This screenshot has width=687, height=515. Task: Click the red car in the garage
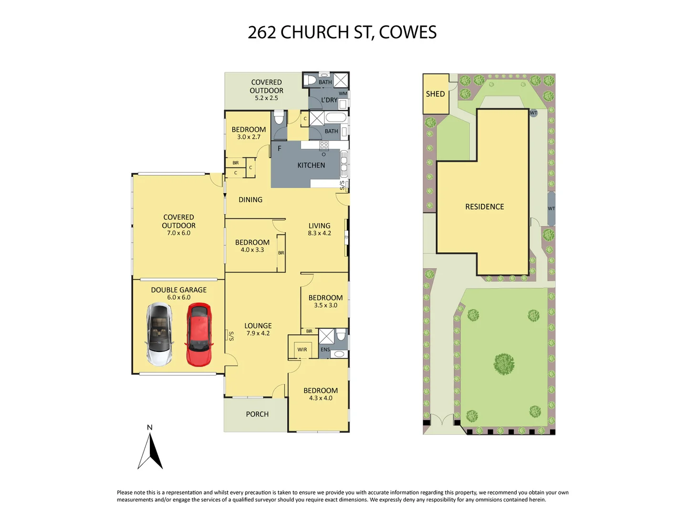[x=198, y=335]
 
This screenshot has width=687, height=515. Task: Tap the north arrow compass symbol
[x=150, y=449]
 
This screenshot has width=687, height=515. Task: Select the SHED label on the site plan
[x=435, y=94]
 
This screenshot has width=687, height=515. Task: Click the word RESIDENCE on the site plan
[x=484, y=206]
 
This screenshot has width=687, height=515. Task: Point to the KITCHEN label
[x=311, y=165]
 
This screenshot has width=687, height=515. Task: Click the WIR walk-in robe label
[x=302, y=350]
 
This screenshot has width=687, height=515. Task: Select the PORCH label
[x=257, y=414]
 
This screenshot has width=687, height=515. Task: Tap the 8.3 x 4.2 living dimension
[x=319, y=233]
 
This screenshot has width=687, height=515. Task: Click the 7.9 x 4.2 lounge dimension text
[x=258, y=333]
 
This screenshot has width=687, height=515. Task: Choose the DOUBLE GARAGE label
[x=178, y=289]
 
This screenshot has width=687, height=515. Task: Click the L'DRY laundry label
[x=329, y=100]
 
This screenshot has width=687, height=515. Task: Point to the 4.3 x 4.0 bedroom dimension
[x=321, y=398]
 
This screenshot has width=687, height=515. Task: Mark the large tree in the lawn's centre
[x=504, y=364]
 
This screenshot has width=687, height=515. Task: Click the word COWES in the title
[x=408, y=32]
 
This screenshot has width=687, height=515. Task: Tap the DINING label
[x=250, y=200]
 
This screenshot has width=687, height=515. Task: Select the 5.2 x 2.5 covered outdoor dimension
[x=266, y=98]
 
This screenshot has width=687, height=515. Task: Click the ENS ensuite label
[x=325, y=350]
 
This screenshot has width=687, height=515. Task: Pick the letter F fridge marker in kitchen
[x=280, y=148]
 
